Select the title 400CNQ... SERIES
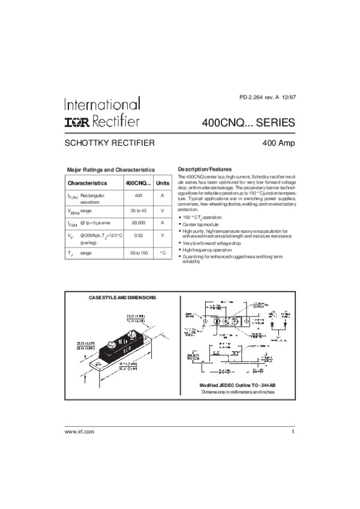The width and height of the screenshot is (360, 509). click(x=249, y=123)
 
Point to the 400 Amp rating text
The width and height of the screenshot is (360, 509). click(x=278, y=144)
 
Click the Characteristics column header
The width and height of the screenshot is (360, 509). click(x=88, y=182)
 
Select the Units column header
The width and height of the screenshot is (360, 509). click(x=163, y=182)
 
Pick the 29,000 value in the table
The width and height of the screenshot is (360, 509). click(x=138, y=222)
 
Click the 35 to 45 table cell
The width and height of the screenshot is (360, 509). click(x=138, y=210)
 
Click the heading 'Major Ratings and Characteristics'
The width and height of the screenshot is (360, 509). click(x=110, y=170)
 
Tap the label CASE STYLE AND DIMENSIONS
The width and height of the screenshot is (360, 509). click(x=122, y=298)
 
